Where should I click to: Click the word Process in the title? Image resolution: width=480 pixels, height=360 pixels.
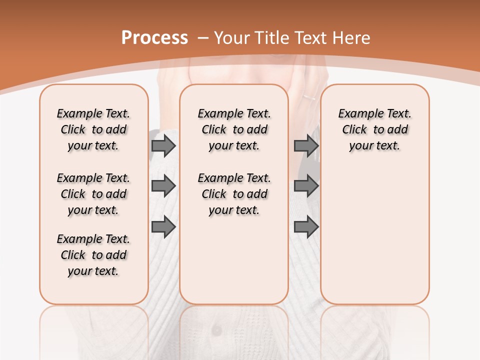(x=154, y=37)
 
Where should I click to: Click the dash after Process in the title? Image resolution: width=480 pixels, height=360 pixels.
(x=203, y=38)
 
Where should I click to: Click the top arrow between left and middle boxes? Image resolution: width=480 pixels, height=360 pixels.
(x=163, y=146)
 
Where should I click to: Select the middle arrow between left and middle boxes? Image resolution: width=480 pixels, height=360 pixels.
(x=163, y=186)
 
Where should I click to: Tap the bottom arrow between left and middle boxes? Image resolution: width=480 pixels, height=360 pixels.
(x=163, y=227)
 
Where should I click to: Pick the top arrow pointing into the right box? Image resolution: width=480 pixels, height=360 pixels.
(x=306, y=146)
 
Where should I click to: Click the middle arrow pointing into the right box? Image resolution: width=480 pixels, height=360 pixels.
(x=306, y=186)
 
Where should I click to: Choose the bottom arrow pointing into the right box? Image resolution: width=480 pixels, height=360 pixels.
(x=306, y=227)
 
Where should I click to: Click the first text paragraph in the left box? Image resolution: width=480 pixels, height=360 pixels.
(x=93, y=129)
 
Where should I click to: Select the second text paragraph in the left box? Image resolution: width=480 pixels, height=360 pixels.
(x=93, y=194)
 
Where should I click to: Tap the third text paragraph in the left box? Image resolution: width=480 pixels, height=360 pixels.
(x=93, y=255)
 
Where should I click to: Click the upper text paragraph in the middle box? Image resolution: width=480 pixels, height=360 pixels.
(x=234, y=129)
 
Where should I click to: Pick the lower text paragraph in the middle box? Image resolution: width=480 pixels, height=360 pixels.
(x=234, y=194)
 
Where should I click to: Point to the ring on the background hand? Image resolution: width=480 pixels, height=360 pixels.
(x=309, y=96)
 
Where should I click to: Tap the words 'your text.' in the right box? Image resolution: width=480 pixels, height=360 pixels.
(x=374, y=146)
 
